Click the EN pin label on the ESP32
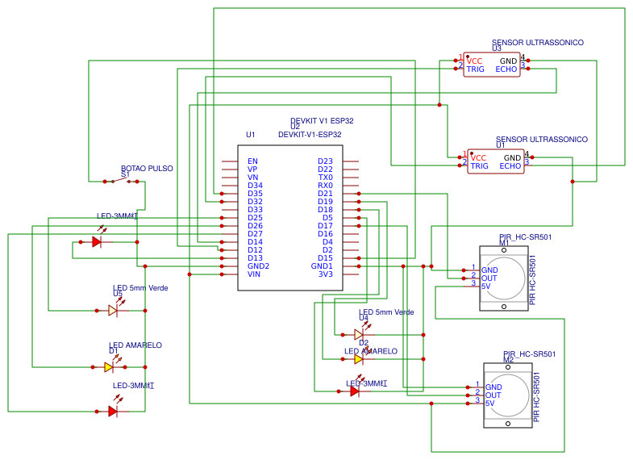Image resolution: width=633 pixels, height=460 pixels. click(x=252, y=161)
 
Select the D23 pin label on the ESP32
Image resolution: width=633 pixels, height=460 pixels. click(x=325, y=161)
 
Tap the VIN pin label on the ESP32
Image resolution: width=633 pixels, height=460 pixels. click(x=254, y=274)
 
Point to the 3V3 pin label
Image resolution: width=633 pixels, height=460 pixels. click(x=325, y=274)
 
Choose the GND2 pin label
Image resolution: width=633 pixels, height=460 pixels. click(x=258, y=266)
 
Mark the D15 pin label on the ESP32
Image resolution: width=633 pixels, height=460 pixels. click(x=325, y=258)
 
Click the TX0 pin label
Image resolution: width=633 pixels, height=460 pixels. click(x=325, y=178)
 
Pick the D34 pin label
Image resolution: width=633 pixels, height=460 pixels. click(x=255, y=186)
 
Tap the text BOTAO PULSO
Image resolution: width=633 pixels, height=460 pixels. click(x=147, y=169)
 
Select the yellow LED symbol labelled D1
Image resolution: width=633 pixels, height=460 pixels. click(x=110, y=366)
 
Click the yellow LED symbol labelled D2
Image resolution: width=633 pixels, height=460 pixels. click(x=359, y=359)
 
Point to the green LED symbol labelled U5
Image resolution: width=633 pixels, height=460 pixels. click(x=114, y=310)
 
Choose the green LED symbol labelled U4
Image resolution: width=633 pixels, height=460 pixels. click(x=359, y=334)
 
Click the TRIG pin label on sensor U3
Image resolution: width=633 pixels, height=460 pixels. click(x=475, y=69)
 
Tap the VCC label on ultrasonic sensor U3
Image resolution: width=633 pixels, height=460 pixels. click(x=474, y=61)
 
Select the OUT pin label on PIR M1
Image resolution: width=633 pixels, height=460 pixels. click(x=489, y=278)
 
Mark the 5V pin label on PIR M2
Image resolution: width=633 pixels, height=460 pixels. click(x=489, y=403)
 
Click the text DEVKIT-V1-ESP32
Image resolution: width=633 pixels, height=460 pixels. click(x=310, y=135)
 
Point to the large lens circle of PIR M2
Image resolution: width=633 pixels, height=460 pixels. click(x=507, y=393)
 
